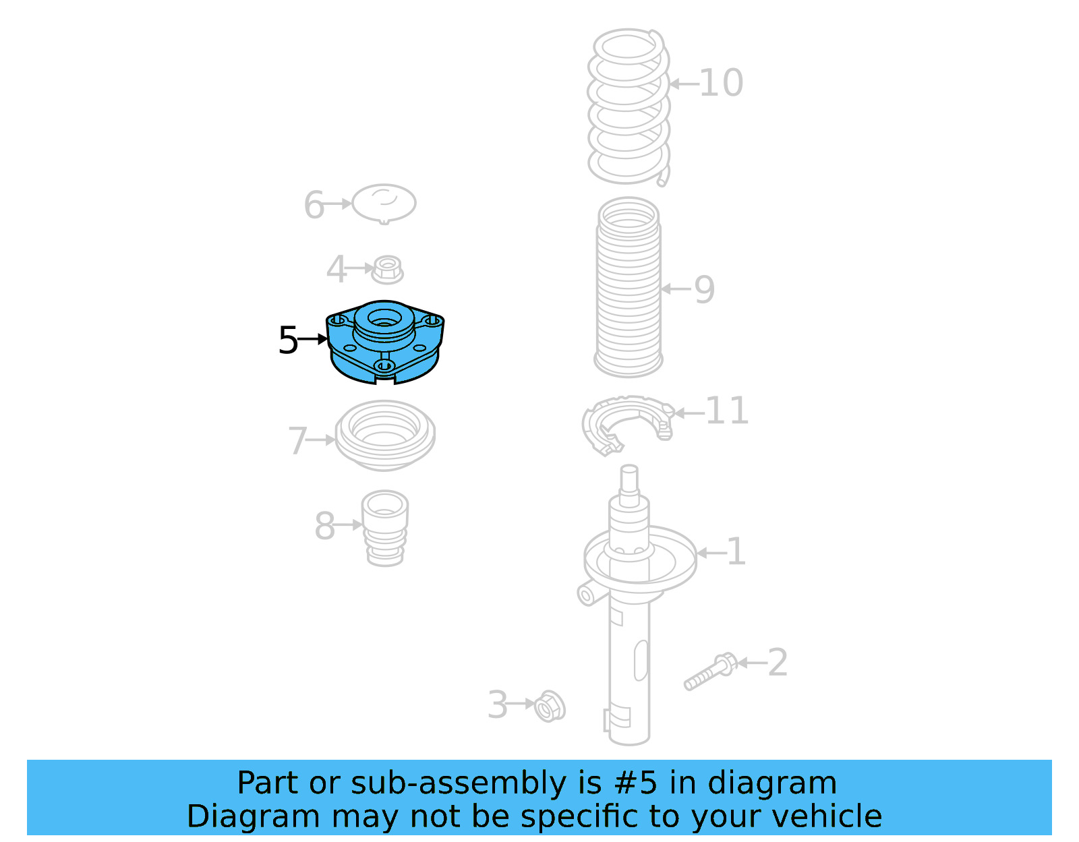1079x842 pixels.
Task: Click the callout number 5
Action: click(x=288, y=340)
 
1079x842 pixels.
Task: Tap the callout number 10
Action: click(x=721, y=83)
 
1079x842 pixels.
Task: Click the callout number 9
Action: click(x=704, y=290)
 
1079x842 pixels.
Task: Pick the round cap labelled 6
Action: click(x=384, y=203)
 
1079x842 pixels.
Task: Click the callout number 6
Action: click(x=314, y=205)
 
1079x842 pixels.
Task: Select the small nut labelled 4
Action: click(x=387, y=270)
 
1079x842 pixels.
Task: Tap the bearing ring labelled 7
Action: click(x=385, y=435)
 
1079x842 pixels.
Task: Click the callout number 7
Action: click(x=297, y=441)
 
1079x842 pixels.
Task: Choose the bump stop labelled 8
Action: click(x=385, y=528)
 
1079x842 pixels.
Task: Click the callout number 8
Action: click(x=324, y=526)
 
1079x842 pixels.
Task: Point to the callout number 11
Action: click(x=726, y=411)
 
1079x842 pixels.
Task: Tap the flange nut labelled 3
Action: click(x=550, y=706)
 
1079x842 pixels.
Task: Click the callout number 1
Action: click(x=736, y=551)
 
